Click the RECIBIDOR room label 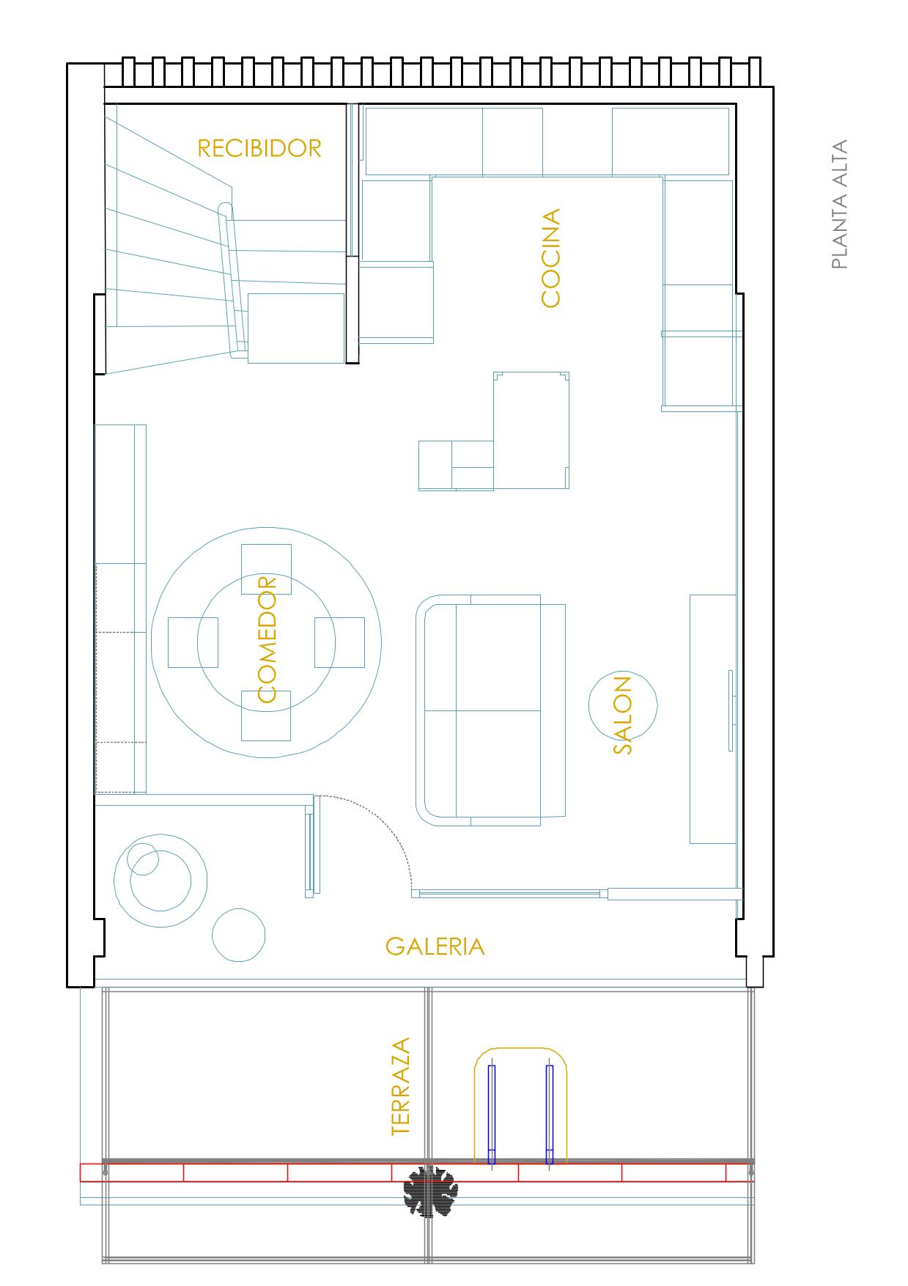click(259, 148)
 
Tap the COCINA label click(550, 258)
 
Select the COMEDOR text click(267, 640)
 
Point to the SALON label click(622, 715)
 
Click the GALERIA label click(435, 947)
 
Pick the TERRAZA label click(401, 1087)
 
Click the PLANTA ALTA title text click(840, 205)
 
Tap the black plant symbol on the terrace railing click(430, 1191)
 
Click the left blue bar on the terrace click(492, 1114)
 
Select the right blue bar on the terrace click(550, 1114)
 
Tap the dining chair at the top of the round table click(266, 569)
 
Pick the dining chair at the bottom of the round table click(266, 716)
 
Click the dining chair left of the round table click(193, 642)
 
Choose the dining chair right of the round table click(339, 642)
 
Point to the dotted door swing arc click(388, 820)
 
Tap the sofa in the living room click(491, 710)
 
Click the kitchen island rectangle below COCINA click(531, 430)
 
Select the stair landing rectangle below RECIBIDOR click(296, 328)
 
